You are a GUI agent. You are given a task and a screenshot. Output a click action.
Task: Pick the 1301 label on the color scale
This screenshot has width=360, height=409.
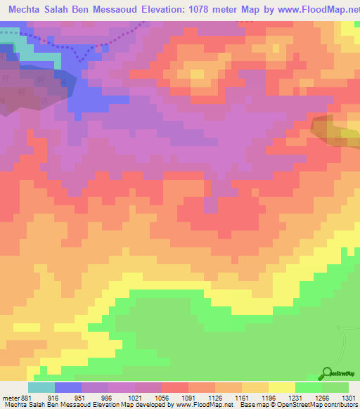pyautogui.click(x=349, y=397)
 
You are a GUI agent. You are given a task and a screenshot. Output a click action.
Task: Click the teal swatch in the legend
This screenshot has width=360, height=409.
pyautogui.click(x=41, y=387)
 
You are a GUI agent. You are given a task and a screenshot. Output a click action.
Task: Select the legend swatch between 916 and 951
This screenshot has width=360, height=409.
pyautogui.click(x=68, y=387)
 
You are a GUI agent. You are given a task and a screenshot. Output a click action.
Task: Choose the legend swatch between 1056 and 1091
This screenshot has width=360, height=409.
pyautogui.click(x=175, y=387)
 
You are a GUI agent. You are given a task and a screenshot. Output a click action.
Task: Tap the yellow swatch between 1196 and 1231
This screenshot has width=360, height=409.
pyautogui.click(x=282, y=387)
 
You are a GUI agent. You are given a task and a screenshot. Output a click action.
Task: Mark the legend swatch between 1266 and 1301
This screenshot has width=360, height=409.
pyautogui.click(x=335, y=387)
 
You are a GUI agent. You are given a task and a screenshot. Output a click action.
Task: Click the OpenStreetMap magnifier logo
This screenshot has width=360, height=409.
pyautogui.click(x=326, y=374)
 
